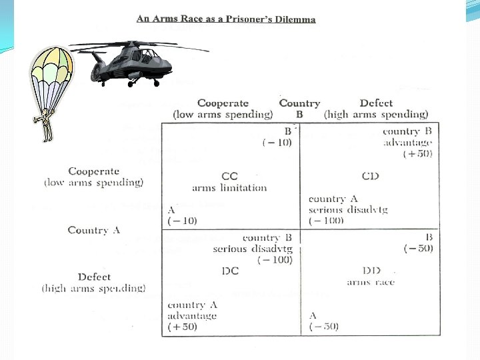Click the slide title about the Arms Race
226,19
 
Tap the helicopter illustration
133,62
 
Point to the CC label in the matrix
229,176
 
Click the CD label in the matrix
370,176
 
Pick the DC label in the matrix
229,271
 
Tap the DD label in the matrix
371,271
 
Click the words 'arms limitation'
229,188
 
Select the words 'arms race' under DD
371,282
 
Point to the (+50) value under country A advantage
182,327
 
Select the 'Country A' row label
93,230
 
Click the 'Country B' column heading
299,108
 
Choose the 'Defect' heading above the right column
376,103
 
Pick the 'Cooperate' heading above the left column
223,103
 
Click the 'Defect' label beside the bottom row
94,277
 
